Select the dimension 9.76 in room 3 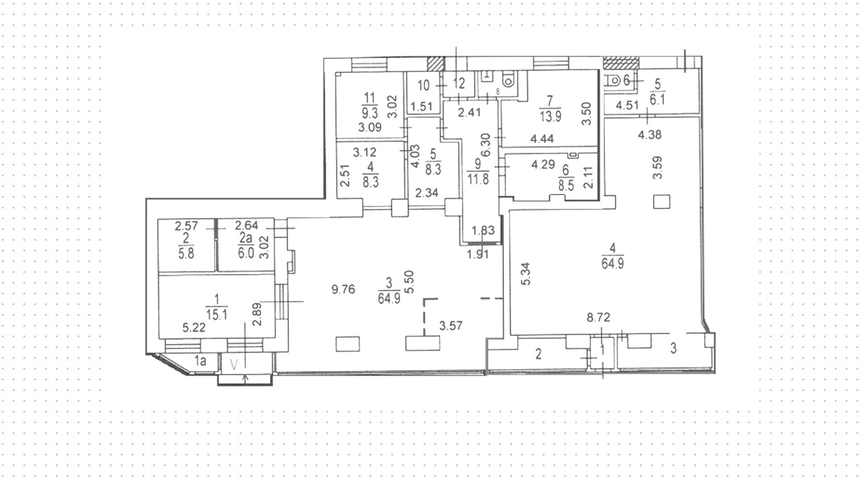(343, 289)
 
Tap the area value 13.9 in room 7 (550, 116)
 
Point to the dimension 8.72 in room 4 (599, 318)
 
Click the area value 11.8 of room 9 (478, 180)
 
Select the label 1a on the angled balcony (200, 361)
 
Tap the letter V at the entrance (233, 364)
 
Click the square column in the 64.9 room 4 (662, 202)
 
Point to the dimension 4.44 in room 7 (542, 139)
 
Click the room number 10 (423, 85)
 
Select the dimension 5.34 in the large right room (527, 274)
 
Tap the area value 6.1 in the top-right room (658, 99)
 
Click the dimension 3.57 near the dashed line (450, 327)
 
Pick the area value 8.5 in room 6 (566, 185)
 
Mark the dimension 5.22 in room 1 (194, 328)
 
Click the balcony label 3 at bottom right (673, 348)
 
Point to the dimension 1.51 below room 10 (421, 107)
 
